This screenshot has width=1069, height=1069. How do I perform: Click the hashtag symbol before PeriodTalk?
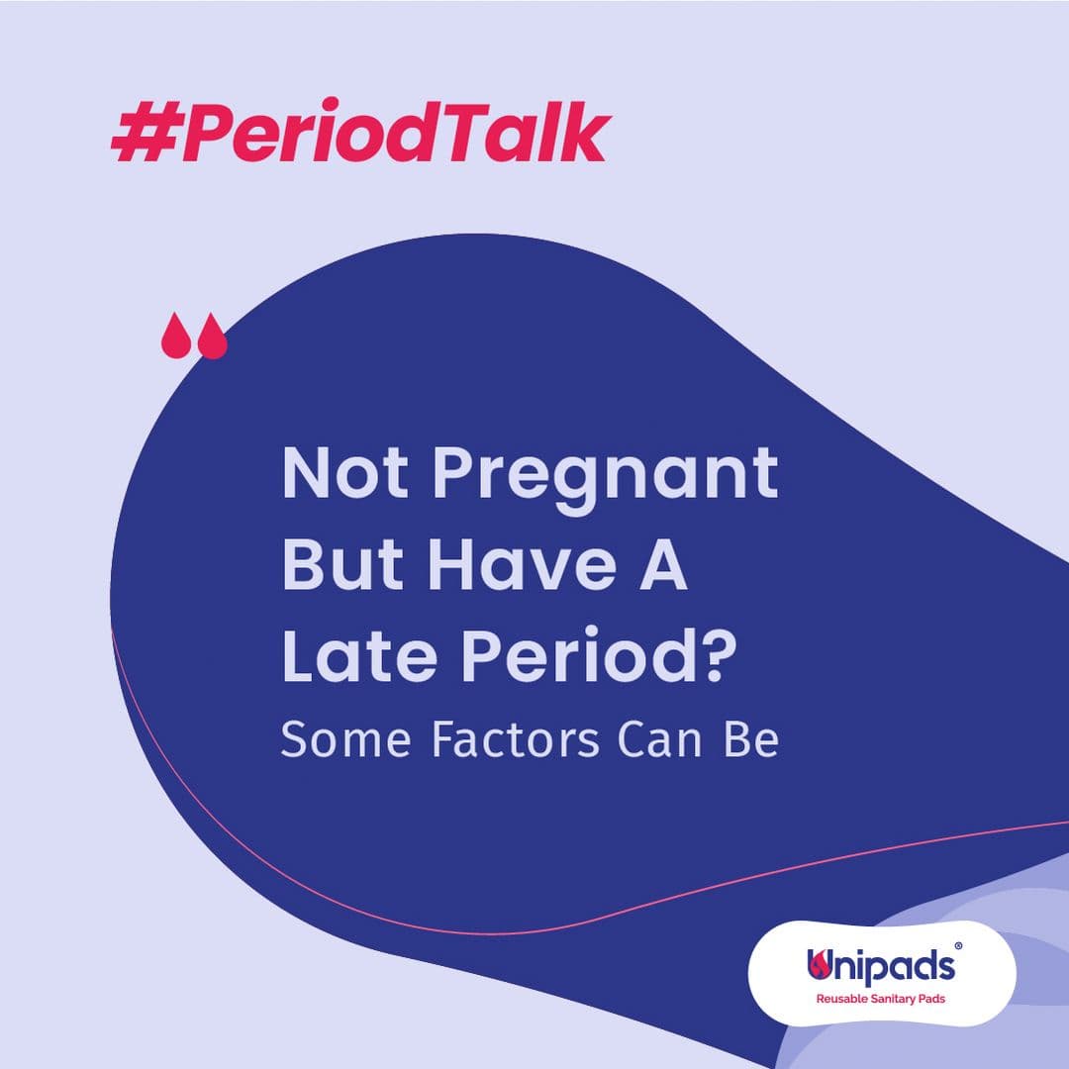click(x=145, y=133)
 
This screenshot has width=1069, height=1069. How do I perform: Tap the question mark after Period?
click(x=720, y=653)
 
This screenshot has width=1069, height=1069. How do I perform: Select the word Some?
click(x=345, y=739)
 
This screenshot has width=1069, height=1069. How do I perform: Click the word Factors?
click(x=516, y=739)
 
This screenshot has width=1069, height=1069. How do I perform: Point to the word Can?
click(x=660, y=739)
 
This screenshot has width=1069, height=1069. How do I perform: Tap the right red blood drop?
click(x=212, y=336)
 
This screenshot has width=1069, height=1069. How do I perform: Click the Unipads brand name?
click(x=881, y=966)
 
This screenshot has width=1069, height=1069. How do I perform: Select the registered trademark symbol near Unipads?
click(x=958, y=946)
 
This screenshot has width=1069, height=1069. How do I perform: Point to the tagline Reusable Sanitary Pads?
click(x=881, y=999)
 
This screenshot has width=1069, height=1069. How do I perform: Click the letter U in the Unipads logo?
click(x=819, y=965)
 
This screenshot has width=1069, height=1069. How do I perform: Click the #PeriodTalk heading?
click(x=360, y=133)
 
